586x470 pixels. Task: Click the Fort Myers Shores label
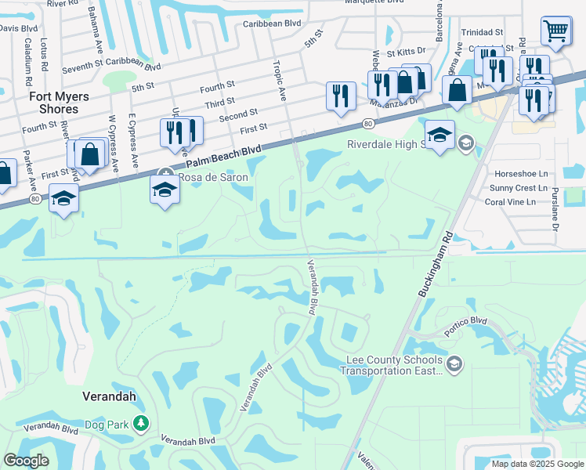48,103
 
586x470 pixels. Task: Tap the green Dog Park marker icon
141,424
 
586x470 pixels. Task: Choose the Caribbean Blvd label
271,24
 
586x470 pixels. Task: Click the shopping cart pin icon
555,31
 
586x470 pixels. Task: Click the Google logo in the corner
26,461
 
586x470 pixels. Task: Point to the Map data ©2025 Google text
537,464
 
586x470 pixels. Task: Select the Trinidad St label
482,33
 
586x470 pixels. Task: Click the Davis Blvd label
19,27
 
